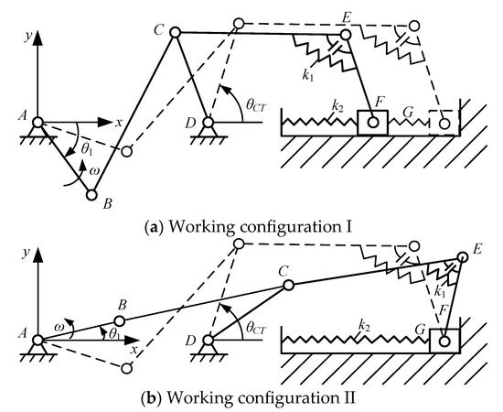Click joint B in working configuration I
point(91,193)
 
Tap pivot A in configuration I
point(37,122)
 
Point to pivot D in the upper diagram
point(209,122)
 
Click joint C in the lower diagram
point(288,286)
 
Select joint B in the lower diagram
point(118,321)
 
